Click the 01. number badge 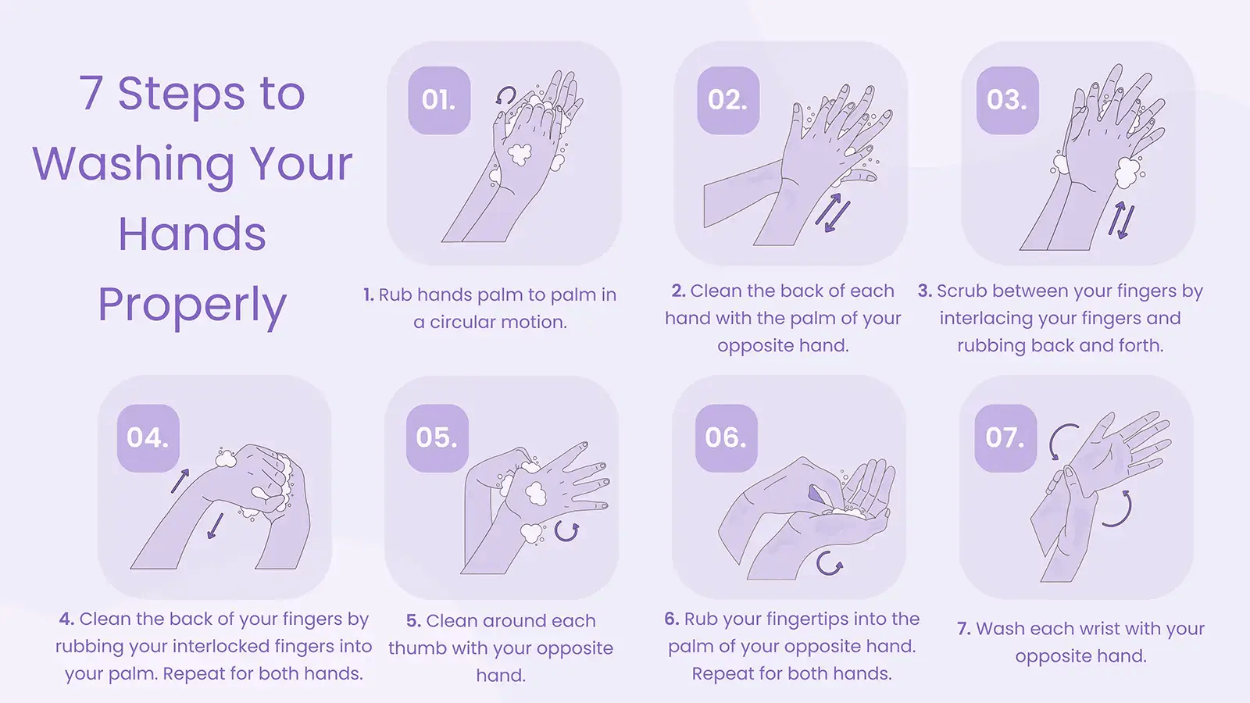click(439, 101)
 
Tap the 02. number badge click(728, 101)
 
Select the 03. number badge click(1007, 101)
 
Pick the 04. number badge click(148, 438)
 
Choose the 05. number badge click(437, 438)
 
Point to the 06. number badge click(726, 438)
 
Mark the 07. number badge click(1005, 438)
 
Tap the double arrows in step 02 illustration click(832, 212)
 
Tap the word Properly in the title click(192, 305)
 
